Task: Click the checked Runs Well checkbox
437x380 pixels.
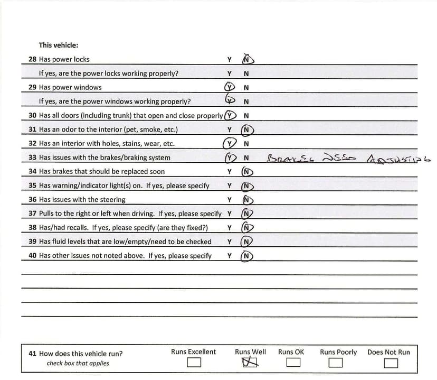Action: click(251, 363)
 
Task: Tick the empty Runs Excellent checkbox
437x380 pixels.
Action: click(194, 363)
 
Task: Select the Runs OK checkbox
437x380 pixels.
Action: click(293, 363)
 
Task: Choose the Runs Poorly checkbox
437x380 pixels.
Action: click(335, 363)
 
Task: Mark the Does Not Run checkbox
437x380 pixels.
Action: click(391, 363)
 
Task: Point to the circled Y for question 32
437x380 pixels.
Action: click(229, 143)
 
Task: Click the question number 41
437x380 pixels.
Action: click(32, 354)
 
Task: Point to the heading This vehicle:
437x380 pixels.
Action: click(59, 45)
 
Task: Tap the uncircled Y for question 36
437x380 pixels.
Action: click(230, 200)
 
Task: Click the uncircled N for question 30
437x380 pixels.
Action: click(246, 115)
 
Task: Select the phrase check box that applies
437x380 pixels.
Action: click(78, 363)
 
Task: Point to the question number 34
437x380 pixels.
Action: click(32, 171)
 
